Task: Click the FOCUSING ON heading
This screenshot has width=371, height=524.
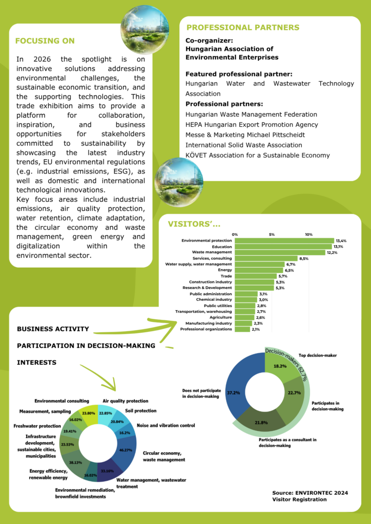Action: coord(45,41)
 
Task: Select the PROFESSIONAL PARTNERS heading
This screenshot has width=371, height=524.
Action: coord(243,28)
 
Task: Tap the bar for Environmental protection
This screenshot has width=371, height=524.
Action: coord(284,241)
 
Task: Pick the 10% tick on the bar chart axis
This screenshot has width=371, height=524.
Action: coord(309,234)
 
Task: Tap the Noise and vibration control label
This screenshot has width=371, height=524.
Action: coord(166,425)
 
